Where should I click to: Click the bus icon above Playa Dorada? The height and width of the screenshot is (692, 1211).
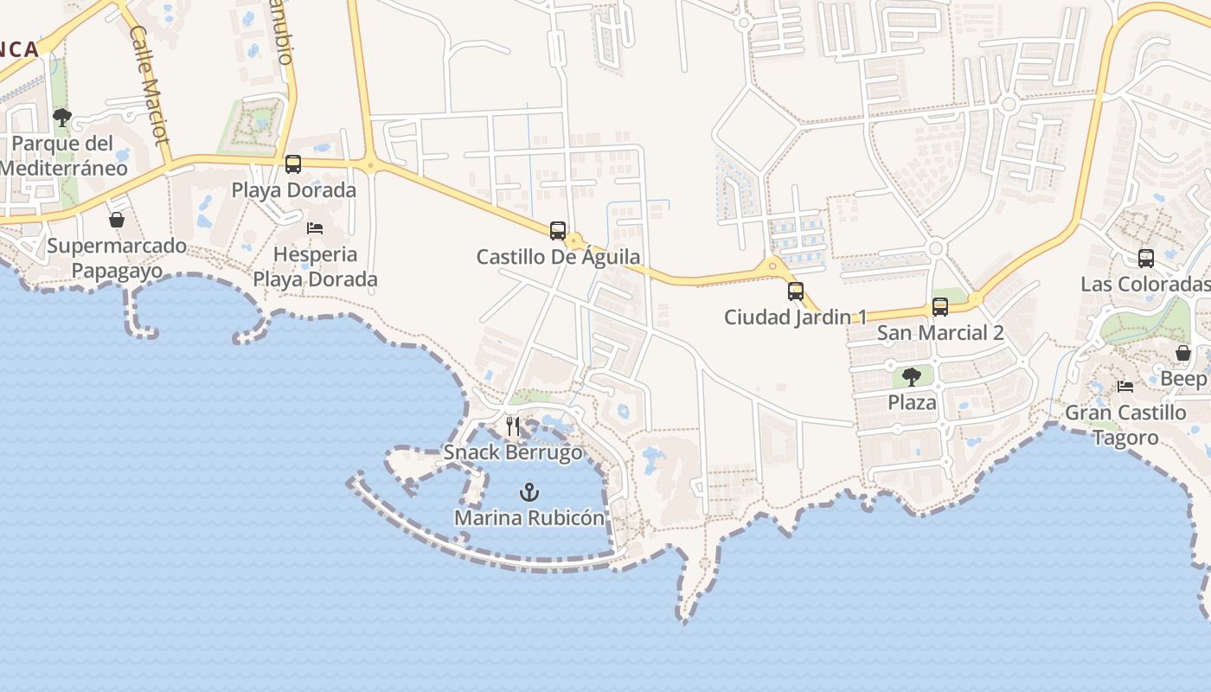tap(293, 163)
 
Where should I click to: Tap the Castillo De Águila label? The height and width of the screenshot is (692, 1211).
tap(559, 257)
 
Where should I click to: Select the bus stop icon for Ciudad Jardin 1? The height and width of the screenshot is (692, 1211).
tap(796, 291)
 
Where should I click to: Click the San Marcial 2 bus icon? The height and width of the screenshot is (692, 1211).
tap(940, 306)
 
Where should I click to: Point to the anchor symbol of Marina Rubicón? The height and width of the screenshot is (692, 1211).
tap(529, 492)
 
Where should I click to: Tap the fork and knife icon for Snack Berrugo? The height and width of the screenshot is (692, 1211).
tap(513, 426)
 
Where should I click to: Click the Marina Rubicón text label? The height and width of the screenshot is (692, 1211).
tap(529, 518)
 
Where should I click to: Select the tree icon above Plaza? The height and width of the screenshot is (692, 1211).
tap(912, 376)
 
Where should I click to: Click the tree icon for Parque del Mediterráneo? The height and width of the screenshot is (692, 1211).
tap(62, 117)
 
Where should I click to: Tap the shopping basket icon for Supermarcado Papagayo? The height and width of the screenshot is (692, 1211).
tap(117, 220)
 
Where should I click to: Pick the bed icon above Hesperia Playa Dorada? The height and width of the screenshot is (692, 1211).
tap(315, 227)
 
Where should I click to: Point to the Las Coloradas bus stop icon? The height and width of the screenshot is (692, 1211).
tap(1146, 258)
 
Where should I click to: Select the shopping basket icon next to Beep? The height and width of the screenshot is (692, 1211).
tap(1182, 353)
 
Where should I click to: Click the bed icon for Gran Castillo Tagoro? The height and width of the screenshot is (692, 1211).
tap(1125, 387)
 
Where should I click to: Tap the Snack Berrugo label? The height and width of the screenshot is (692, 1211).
tap(513, 452)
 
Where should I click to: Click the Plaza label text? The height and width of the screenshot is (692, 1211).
tap(912, 402)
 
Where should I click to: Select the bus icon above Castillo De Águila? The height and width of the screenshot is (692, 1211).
tap(558, 231)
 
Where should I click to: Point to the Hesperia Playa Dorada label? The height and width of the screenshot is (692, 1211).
tap(315, 266)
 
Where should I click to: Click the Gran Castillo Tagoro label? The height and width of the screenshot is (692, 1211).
tap(1125, 425)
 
